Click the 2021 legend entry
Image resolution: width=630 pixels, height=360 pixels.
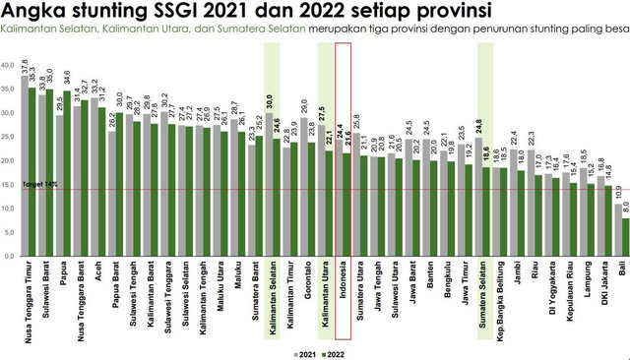[306, 350]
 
